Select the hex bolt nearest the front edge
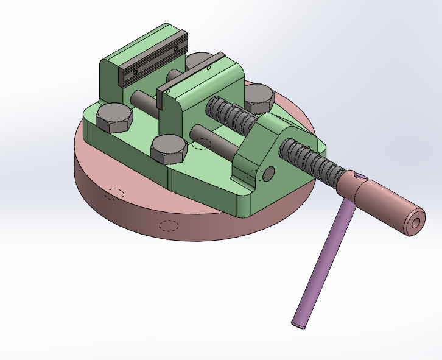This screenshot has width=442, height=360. (x=168, y=149)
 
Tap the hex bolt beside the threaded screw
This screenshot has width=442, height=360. (x=259, y=98)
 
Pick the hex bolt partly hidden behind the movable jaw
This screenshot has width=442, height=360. (x=198, y=61)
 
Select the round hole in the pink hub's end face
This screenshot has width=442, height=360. (x=416, y=224)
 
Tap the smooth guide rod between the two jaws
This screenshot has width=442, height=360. (x=143, y=99)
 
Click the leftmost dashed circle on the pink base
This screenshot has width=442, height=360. (x=113, y=194)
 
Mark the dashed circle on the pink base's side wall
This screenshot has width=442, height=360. (x=169, y=225)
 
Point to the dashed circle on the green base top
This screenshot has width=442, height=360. (x=201, y=144)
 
